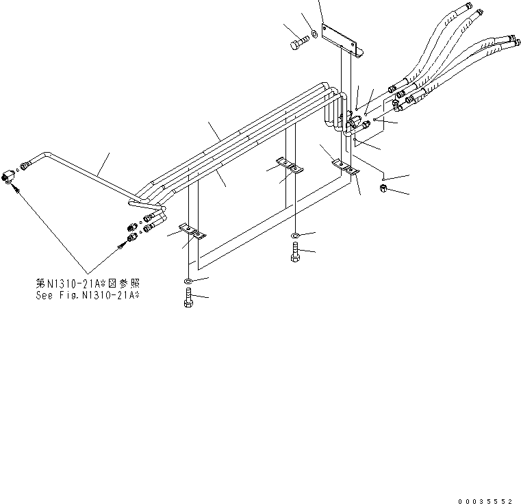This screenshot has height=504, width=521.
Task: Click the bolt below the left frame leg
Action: coord(189,299)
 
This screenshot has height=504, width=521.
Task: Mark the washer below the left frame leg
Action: coord(188,281)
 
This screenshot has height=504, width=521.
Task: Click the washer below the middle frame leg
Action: coord(294,236)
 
